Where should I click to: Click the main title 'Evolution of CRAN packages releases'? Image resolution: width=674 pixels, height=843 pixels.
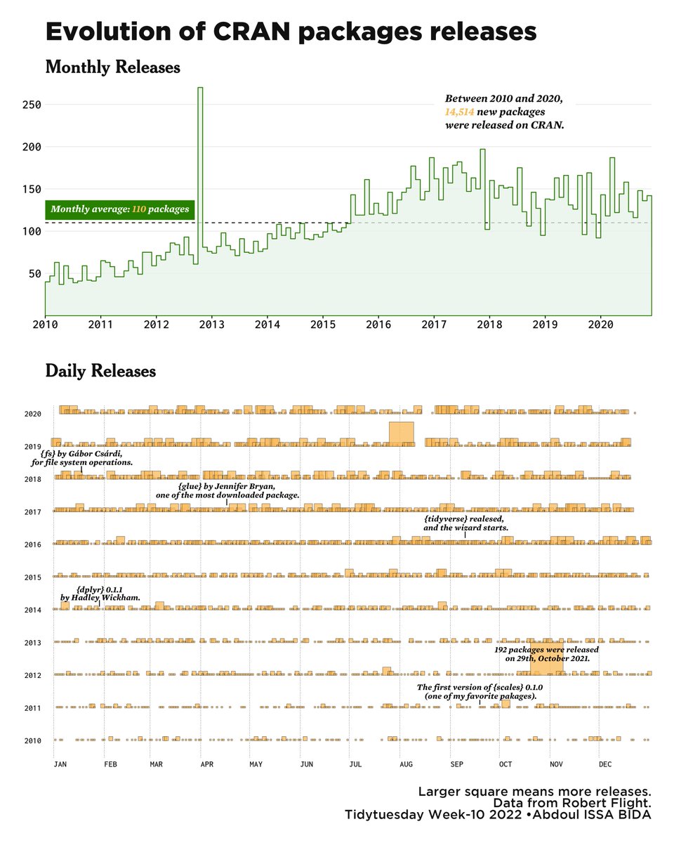pyautogui.click(x=291, y=33)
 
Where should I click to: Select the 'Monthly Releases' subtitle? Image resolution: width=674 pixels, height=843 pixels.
pyautogui.click(x=112, y=68)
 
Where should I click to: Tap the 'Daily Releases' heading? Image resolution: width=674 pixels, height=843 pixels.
pyautogui.click(x=100, y=371)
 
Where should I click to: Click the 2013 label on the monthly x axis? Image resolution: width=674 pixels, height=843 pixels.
pyautogui.click(x=212, y=325)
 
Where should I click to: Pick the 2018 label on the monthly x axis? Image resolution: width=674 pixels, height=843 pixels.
pyautogui.click(x=490, y=325)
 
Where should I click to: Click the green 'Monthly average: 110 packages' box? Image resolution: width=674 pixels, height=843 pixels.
pyautogui.click(x=119, y=209)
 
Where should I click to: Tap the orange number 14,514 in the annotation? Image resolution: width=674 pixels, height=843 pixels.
pyautogui.click(x=458, y=112)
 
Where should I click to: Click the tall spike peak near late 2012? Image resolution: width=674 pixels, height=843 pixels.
pyautogui.click(x=200, y=89)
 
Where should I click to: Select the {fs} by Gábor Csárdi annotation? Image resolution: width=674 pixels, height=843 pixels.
pyautogui.click(x=81, y=459)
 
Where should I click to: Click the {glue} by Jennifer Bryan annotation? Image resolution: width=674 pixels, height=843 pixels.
pyautogui.click(x=227, y=490)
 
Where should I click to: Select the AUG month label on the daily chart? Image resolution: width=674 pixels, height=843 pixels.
pyautogui.click(x=406, y=764)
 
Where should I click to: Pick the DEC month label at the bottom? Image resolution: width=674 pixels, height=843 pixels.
pyautogui.click(x=605, y=764)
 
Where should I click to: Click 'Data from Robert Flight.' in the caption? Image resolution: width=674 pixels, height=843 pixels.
pyautogui.click(x=572, y=803)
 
